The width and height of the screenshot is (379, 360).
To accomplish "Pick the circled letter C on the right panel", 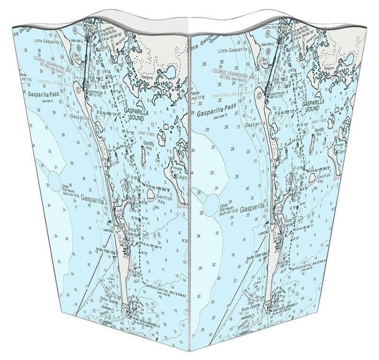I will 260,95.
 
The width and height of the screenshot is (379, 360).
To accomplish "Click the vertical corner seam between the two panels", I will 189,190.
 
